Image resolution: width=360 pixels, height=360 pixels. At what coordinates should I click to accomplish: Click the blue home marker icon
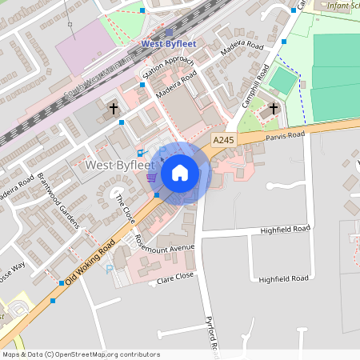point(180,173)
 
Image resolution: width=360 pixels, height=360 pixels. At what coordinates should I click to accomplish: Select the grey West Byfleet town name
point(118,165)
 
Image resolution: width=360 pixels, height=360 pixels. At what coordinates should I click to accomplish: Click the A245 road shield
point(224,140)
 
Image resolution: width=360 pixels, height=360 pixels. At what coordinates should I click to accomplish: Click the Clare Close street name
point(175,278)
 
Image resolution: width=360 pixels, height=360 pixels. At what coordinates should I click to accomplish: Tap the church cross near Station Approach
point(113,107)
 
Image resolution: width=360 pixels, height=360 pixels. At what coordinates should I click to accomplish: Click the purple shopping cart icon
point(151,178)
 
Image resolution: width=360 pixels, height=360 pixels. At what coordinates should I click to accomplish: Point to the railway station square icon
point(168,34)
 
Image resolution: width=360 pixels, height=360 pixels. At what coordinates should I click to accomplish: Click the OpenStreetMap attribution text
point(81,354)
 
